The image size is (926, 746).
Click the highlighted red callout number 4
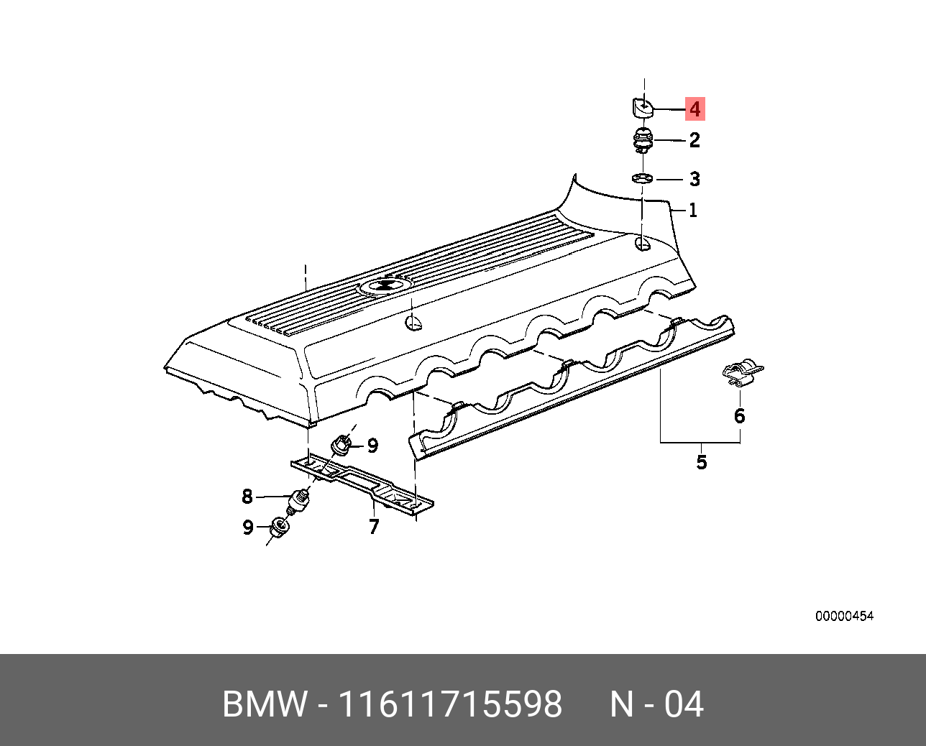click(694, 109)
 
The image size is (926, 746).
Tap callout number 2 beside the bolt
click(694, 140)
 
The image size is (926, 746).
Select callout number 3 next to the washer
click(694, 179)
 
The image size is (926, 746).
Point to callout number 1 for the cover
click(692, 211)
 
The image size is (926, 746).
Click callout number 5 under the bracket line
click(702, 462)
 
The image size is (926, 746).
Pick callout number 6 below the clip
click(739, 416)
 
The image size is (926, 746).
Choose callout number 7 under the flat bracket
click(374, 527)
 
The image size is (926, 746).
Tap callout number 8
click(247, 497)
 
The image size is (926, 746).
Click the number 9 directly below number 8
click(248, 528)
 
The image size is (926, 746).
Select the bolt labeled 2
click(643, 139)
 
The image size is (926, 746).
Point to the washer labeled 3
click(642, 178)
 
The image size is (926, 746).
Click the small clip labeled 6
click(741, 372)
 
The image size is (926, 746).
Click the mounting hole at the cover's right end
click(642, 245)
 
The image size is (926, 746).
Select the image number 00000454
click(844, 616)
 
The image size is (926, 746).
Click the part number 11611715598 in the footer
click(449, 704)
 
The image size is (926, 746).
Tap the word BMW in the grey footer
click(265, 704)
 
